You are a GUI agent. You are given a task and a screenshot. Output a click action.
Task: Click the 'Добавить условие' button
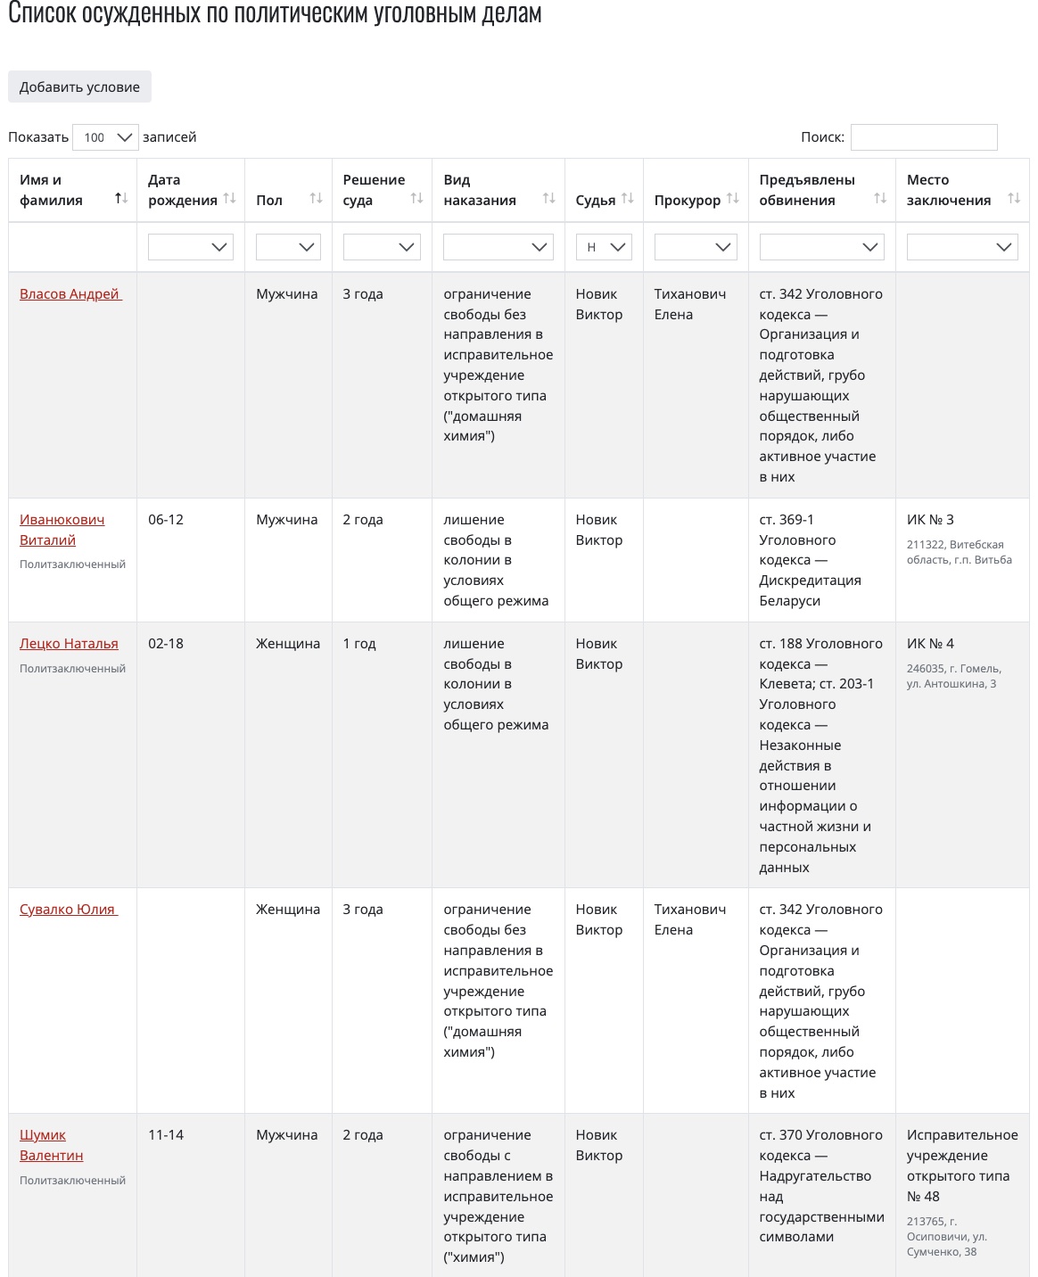click(79, 87)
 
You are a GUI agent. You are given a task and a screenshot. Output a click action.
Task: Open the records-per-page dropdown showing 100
click(105, 137)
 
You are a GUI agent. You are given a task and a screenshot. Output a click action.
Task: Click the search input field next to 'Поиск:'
click(923, 137)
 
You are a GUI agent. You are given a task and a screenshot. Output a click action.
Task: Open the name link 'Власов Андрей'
click(70, 294)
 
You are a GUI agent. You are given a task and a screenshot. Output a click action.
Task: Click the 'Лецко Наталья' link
click(69, 644)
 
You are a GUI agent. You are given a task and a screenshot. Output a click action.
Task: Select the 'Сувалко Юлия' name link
click(68, 910)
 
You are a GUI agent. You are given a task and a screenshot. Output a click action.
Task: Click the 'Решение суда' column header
click(374, 190)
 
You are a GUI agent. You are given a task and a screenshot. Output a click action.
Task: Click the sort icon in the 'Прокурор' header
click(733, 199)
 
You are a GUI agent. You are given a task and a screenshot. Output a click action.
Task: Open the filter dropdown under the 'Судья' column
click(604, 247)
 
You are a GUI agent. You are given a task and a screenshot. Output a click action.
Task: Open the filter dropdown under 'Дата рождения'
click(191, 247)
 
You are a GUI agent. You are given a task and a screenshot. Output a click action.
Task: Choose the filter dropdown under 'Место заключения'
click(962, 247)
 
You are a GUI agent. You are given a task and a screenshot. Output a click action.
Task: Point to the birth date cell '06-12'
click(166, 520)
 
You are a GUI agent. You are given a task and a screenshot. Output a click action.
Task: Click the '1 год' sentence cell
click(359, 644)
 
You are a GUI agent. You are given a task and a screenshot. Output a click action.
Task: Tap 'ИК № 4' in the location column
click(930, 644)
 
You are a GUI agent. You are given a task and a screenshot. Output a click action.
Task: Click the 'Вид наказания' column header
click(480, 190)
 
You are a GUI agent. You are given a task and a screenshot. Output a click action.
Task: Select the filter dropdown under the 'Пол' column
click(288, 247)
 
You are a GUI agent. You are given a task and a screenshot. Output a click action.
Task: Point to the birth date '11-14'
click(166, 1135)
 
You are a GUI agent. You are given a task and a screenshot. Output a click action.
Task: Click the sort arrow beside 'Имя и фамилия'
click(121, 199)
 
